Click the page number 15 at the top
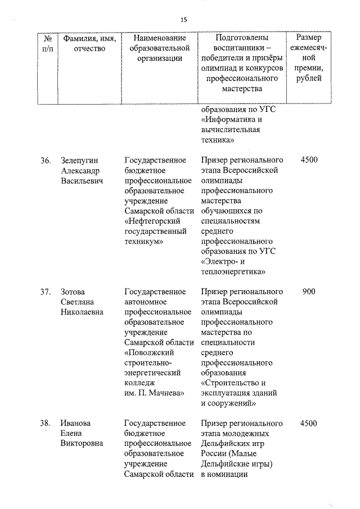click(183, 20)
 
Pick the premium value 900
click(309, 292)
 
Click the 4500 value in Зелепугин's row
click(309, 160)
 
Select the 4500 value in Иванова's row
click(309, 424)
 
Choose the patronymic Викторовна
click(82, 444)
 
